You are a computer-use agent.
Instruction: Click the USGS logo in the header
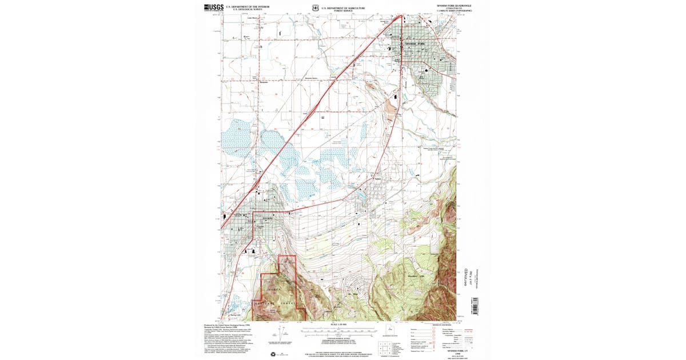point(212,7)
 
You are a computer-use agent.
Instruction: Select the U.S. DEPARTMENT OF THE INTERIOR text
point(247,6)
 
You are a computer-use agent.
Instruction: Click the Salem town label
point(377,179)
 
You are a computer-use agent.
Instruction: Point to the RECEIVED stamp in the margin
point(468,276)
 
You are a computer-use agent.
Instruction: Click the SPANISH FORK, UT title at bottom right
point(457,349)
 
